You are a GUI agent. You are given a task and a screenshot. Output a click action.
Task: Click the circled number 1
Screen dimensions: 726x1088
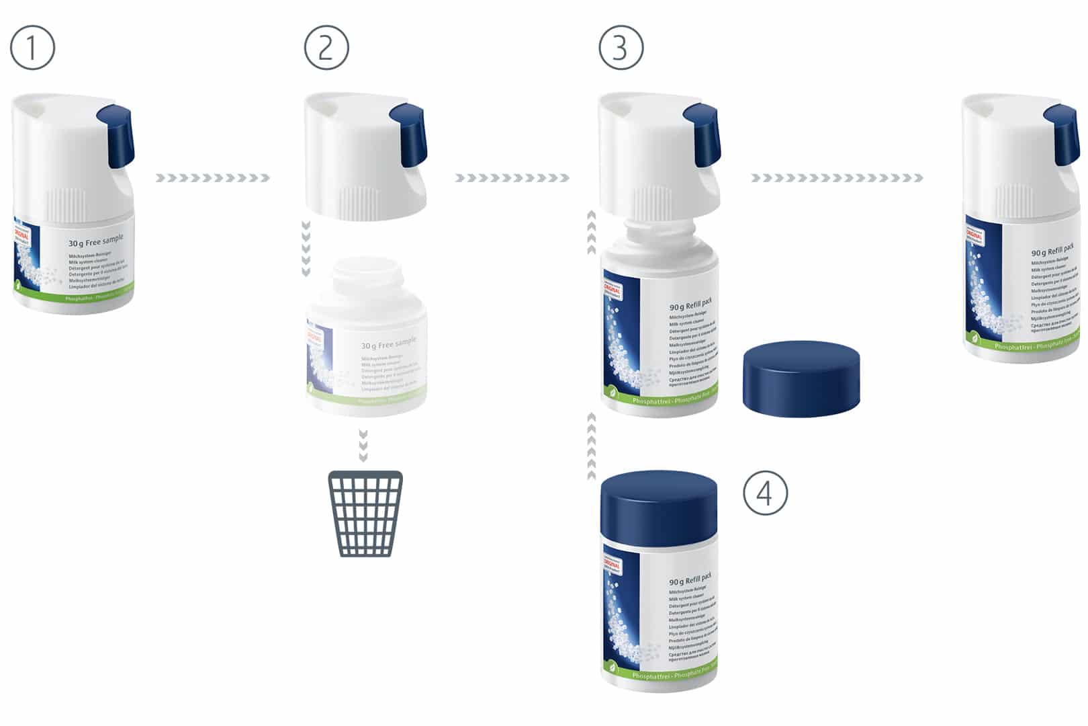pyautogui.click(x=32, y=48)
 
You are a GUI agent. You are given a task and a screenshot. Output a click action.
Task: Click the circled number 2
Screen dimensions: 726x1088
pyautogui.click(x=326, y=48)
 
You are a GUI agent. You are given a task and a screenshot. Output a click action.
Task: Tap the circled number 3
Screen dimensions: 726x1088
pyautogui.click(x=621, y=48)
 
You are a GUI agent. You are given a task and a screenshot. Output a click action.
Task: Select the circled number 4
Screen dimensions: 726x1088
pyautogui.click(x=765, y=493)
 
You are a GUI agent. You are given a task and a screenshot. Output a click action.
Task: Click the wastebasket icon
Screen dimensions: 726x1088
pyautogui.click(x=365, y=514)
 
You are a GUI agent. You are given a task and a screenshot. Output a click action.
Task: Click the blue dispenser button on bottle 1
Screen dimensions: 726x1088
pyautogui.click(x=116, y=137)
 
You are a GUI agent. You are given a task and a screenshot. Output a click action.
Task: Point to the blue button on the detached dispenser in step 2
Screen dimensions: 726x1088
pyautogui.click(x=408, y=135)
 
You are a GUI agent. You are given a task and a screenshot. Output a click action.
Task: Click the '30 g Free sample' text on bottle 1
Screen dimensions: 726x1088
pyautogui.click(x=96, y=241)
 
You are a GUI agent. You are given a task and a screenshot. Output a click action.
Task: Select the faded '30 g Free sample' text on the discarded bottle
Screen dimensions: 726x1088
pyautogui.click(x=388, y=344)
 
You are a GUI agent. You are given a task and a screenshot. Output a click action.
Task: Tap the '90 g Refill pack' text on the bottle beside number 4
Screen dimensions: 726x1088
pyautogui.click(x=690, y=579)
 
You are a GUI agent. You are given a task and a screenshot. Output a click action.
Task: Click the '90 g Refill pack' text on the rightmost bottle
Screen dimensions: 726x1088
pyautogui.click(x=1052, y=250)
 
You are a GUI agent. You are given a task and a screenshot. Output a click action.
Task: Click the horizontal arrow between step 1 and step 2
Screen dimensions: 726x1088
pyautogui.click(x=212, y=178)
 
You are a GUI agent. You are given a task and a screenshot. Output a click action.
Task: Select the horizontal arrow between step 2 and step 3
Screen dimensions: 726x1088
pyautogui.click(x=512, y=178)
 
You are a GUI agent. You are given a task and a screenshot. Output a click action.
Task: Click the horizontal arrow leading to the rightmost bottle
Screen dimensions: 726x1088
pyautogui.click(x=836, y=178)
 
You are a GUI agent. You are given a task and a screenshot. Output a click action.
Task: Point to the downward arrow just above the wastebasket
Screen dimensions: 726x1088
pyautogui.click(x=363, y=446)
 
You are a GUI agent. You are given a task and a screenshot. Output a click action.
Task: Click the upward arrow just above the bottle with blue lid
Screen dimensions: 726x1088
pyautogui.click(x=592, y=446)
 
